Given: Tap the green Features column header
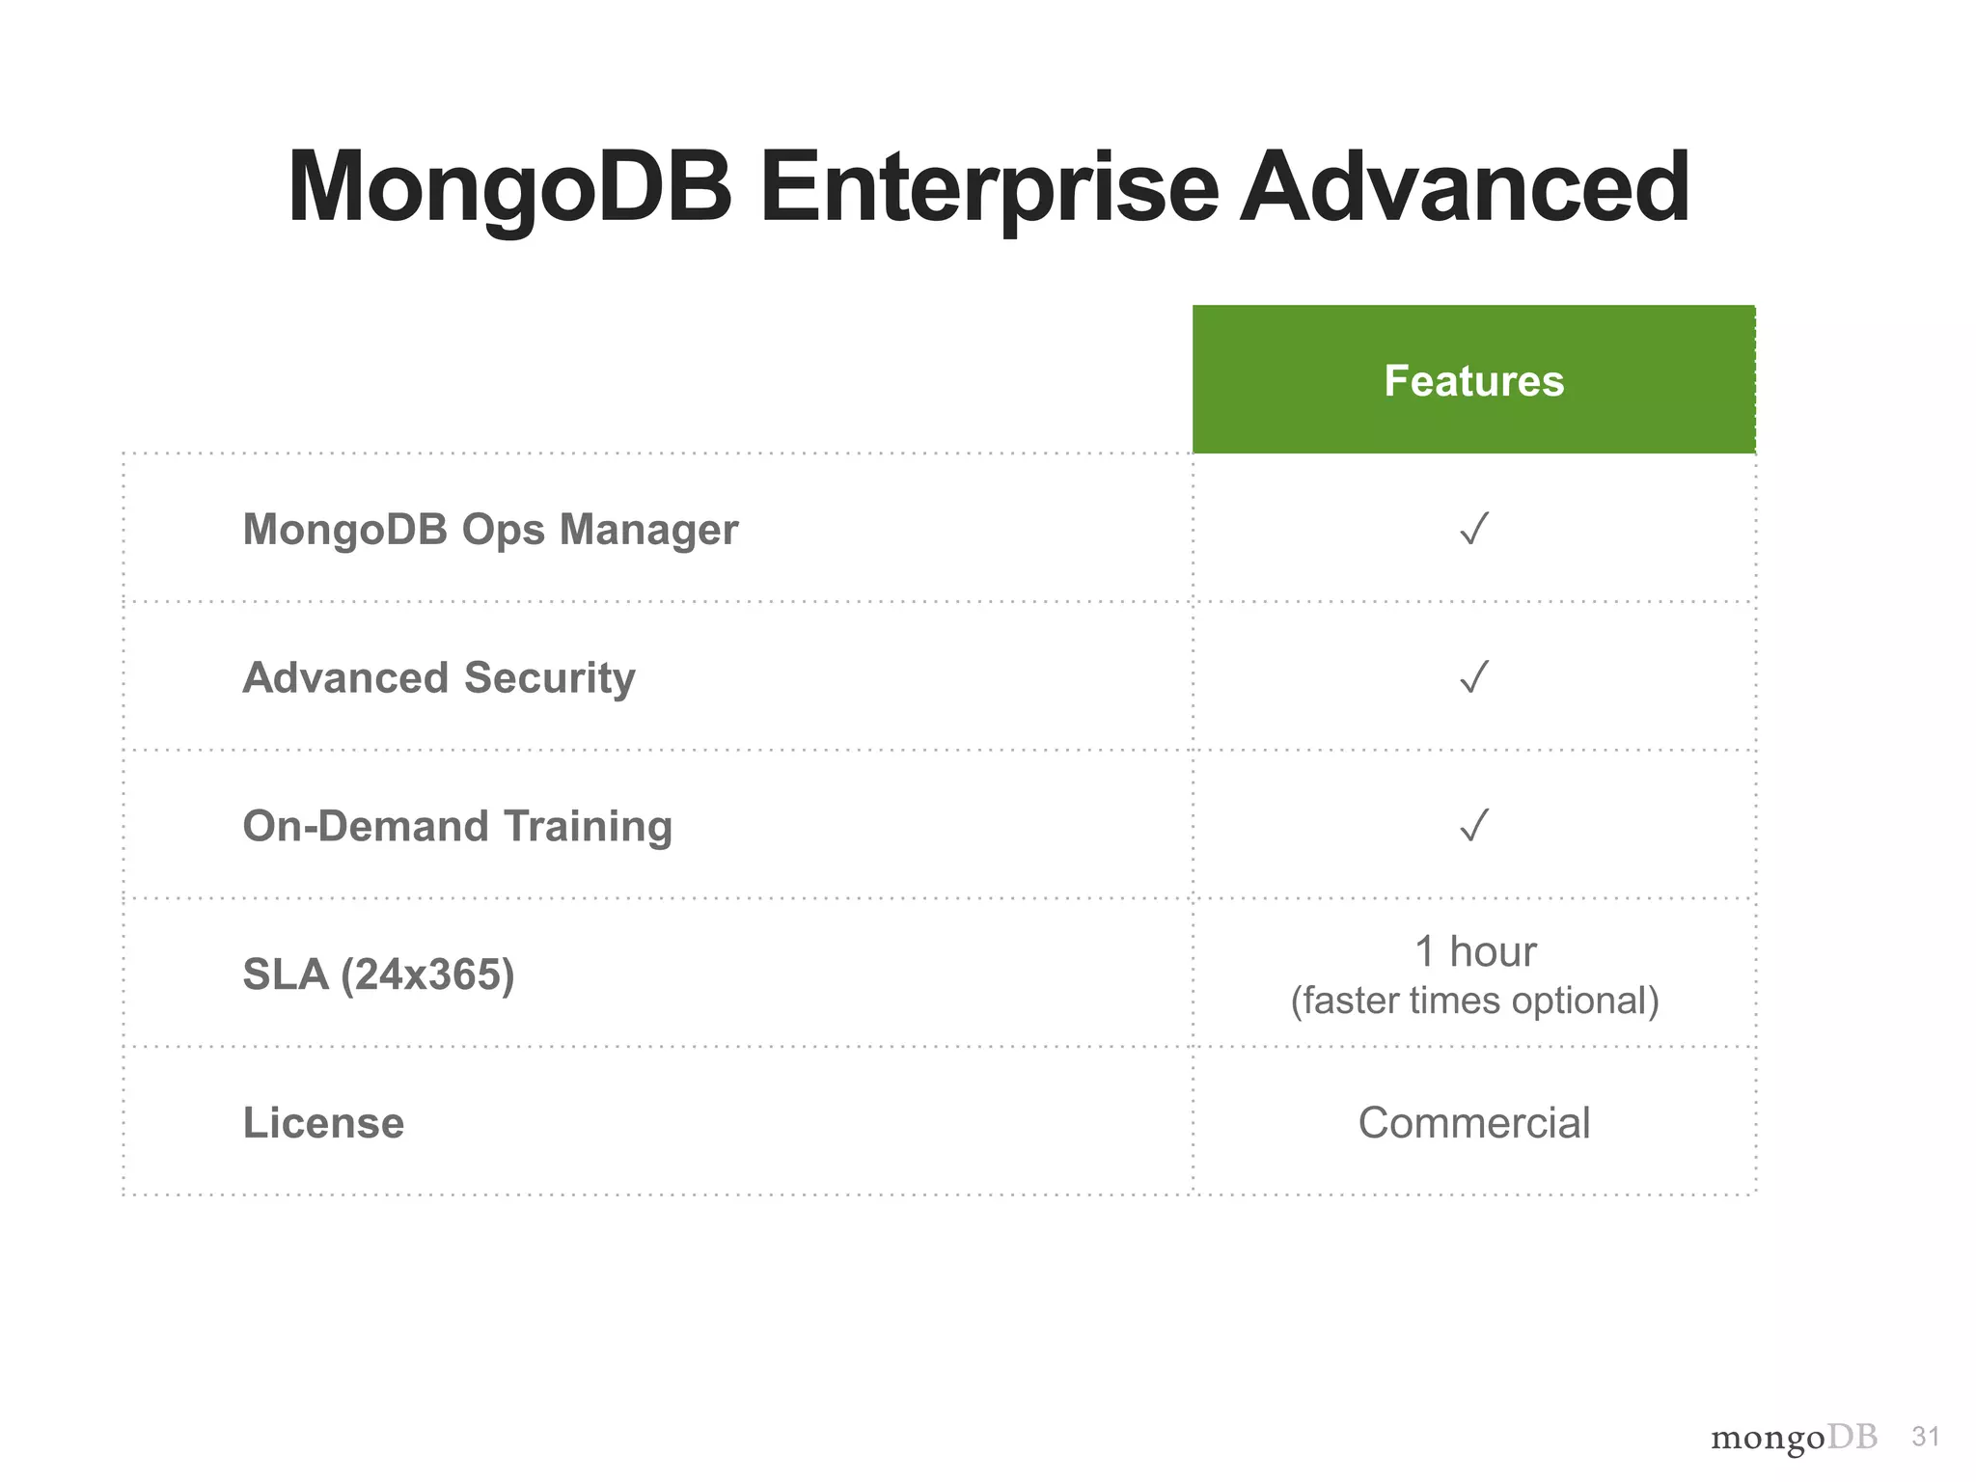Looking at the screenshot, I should pos(1473,380).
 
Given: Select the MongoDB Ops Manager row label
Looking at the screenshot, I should pos(490,530).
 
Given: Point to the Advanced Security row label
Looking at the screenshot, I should pos(439,677).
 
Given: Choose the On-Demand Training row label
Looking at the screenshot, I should pos(457,826).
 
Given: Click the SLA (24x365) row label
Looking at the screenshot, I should pos(378,974).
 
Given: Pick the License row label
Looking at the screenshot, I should pos(323,1123).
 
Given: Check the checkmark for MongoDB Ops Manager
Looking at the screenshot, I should pos(1474,529).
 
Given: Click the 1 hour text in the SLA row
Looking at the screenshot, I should pos(1474,952).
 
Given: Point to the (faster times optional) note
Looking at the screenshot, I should pos(1474,1002).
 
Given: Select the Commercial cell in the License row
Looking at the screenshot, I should pos(1473,1123).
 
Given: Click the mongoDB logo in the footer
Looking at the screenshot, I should pos(1794,1439).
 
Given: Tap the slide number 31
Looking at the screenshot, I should pos(1925,1438).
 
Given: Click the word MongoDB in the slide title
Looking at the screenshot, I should pos(509,188).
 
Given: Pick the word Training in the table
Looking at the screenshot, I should pos(587,826).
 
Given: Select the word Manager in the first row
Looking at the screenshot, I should pos(648,530).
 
